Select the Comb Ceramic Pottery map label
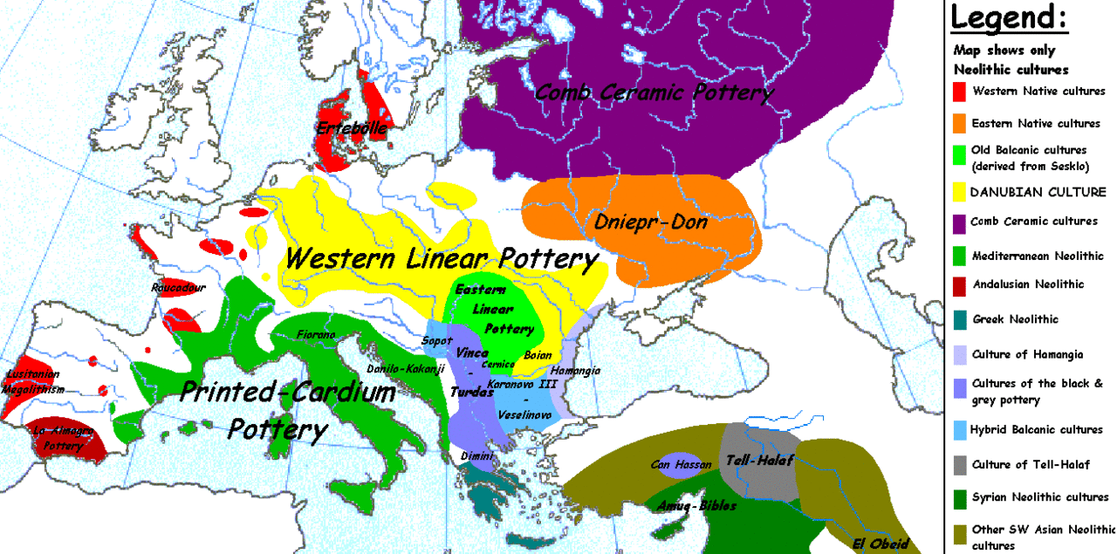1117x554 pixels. point(654,92)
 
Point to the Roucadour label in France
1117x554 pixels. point(176,287)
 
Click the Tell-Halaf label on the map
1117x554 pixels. point(759,461)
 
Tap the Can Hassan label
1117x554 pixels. point(678,464)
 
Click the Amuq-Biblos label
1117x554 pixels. point(697,505)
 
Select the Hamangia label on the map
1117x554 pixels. point(575,370)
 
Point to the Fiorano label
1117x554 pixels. point(316,334)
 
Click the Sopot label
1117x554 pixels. point(436,339)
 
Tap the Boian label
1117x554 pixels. point(538,355)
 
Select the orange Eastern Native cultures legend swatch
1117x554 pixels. point(959,123)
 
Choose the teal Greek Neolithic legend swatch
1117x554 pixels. point(959,320)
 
